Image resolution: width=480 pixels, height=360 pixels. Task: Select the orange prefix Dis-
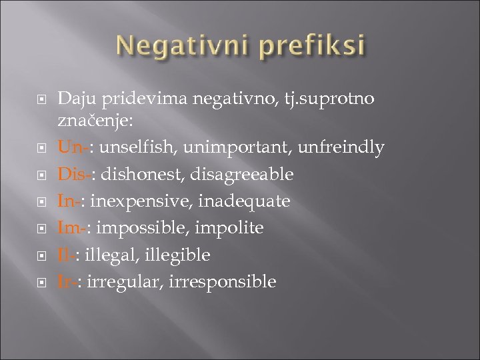(71, 174)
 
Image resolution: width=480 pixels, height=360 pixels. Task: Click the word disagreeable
(242, 174)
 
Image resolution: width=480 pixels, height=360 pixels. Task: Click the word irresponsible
(225, 281)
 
